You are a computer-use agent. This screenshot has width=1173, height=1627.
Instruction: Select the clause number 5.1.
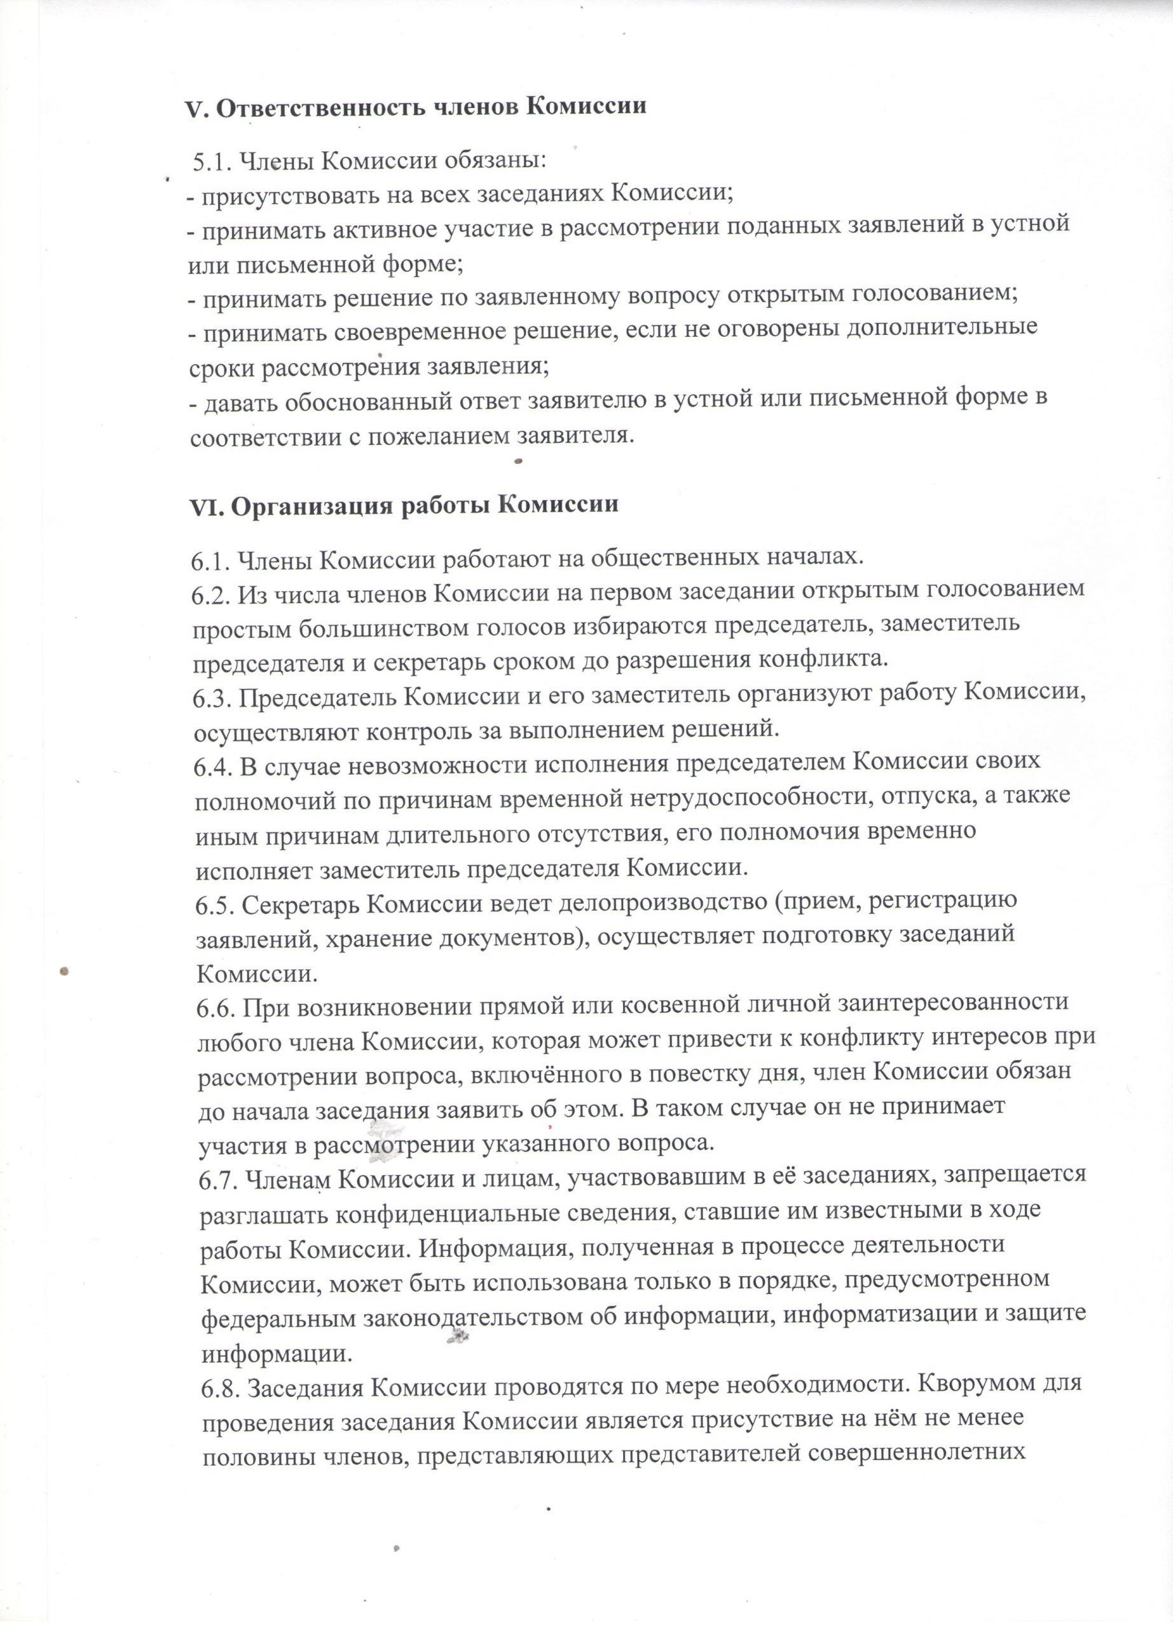click(211, 161)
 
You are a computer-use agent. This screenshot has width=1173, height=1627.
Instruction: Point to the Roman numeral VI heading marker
click(207, 507)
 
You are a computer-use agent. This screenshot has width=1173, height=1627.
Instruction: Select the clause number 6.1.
click(210, 559)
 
